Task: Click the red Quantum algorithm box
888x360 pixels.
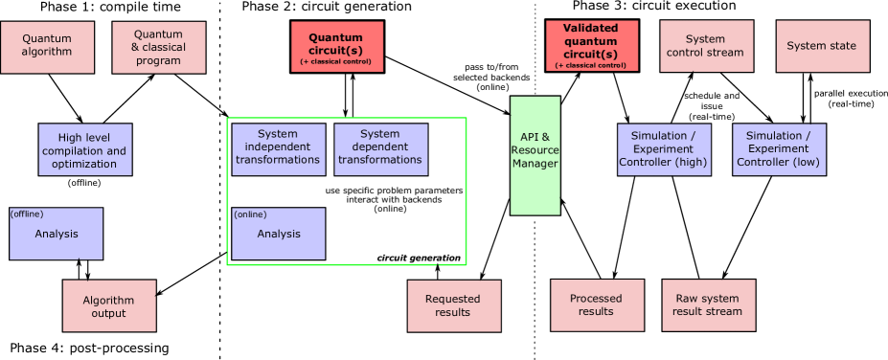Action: (x=47, y=47)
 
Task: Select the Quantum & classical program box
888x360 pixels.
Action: (x=159, y=47)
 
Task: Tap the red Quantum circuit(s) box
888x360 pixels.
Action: (x=337, y=47)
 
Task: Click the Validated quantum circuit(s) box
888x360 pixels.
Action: (x=591, y=46)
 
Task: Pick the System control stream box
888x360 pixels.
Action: (x=706, y=46)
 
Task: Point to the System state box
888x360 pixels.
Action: (x=822, y=46)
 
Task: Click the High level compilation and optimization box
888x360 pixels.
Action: (x=85, y=149)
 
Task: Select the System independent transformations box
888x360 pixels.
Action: (x=279, y=149)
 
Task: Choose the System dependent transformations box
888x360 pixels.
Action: (x=380, y=149)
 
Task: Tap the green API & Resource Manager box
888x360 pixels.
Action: (x=535, y=155)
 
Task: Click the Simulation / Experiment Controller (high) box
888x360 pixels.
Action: (x=664, y=149)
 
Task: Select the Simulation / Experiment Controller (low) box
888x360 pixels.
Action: (x=779, y=149)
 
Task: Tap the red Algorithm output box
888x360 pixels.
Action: (x=109, y=305)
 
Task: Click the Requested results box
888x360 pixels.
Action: (x=453, y=305)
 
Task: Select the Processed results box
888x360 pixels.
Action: (x=597, y=304)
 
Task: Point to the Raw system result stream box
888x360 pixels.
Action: (x=708, y=304)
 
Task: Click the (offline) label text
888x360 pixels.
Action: (x=28, y=214)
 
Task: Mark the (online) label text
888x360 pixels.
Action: (x=251, y=214)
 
